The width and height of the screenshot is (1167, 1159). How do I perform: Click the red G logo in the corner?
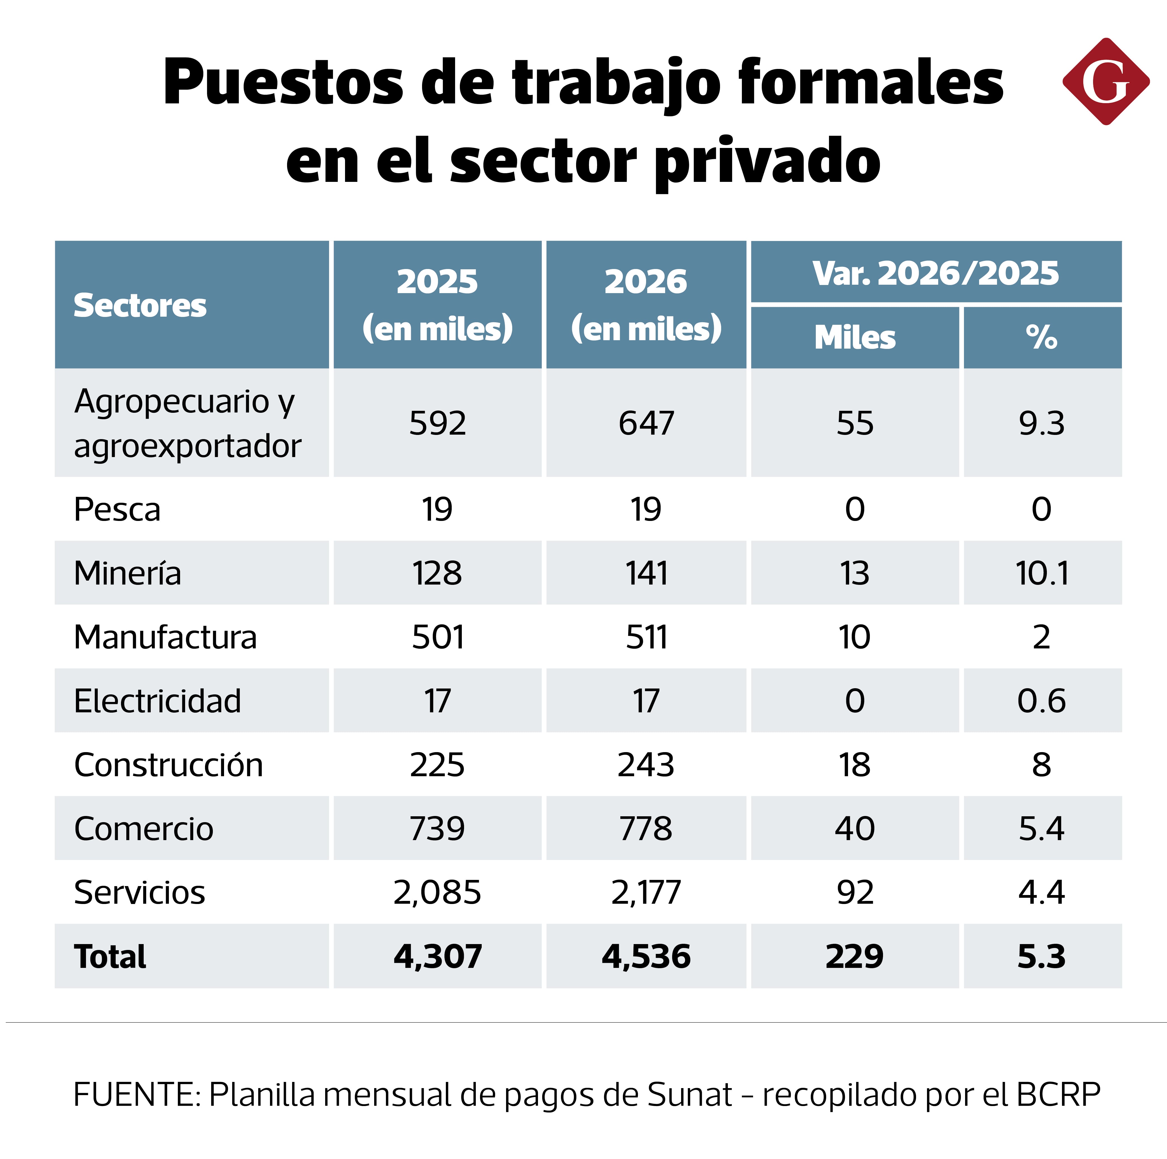tap(1105, 82)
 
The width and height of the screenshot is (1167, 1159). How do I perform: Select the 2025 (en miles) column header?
tap(437, 305)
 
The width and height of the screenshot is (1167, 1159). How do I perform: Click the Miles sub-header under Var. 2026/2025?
tap(855, 337)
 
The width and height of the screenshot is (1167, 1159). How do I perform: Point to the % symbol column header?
tap(1041, 337)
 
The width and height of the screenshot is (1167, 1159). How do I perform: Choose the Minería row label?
tap(127, 573)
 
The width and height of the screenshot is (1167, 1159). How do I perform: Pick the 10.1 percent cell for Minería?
tap(1041, 573)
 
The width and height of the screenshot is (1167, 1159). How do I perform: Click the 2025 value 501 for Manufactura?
tap(437, 637)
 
